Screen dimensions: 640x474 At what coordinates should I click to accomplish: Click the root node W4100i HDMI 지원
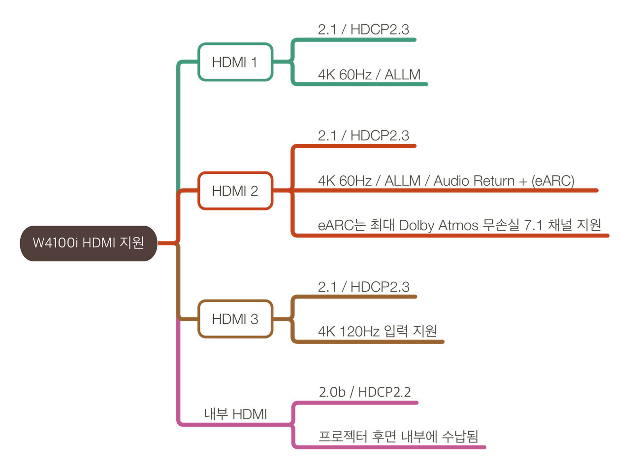[x=89, y=243]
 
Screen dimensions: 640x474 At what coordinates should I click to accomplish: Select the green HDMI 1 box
[x=235, y=62]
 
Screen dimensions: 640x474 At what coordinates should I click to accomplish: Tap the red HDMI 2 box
[x=235, y=191]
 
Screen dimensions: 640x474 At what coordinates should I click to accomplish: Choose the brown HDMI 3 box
[x=235, y=319]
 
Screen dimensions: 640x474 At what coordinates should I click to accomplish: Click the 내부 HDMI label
[x=235, y=414]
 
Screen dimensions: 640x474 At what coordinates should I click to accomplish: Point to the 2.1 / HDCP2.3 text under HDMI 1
[x=363, y=30]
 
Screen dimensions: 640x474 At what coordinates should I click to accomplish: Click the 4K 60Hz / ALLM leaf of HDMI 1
[x=369, y=74]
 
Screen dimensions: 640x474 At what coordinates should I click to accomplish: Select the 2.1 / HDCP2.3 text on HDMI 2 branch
[x=363, y=135]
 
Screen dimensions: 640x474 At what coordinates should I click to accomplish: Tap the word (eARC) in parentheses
[x=552, y=181]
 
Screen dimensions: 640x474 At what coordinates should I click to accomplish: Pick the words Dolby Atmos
[x=438, y=225]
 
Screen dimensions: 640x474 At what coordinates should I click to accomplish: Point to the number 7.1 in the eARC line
[x=533, y=225]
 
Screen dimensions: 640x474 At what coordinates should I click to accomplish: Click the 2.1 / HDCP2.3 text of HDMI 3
[x=363, y=287]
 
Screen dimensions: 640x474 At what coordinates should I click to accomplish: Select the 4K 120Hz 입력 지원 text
[x=377, y=331]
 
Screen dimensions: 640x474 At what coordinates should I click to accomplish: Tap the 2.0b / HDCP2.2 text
[x=364, y=392]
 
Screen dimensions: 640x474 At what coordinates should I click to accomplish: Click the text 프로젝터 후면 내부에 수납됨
[x=398, y=437]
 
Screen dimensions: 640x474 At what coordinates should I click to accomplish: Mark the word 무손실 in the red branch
[x=501, y=225]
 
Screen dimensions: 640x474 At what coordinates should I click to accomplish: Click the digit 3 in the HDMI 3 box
[x=254, y=319]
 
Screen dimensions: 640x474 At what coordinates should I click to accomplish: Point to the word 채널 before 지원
[x=560, y=225]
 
